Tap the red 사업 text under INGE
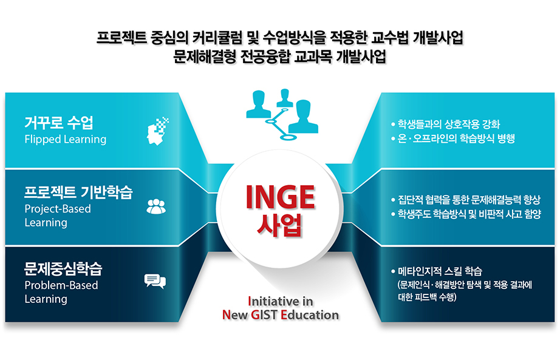279,225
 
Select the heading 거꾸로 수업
59,123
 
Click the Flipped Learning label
66,139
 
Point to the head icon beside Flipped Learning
157,131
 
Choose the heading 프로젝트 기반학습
78,192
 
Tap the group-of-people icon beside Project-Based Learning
156,206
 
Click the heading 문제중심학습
63,268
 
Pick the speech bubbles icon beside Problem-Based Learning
155,281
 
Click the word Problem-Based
61,285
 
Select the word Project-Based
58,209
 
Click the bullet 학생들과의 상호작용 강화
446,124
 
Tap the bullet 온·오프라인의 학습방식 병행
453,138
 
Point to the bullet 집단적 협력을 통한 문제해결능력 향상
466,200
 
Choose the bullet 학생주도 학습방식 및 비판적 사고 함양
466,214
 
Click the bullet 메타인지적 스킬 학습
437,271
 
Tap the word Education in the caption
310,314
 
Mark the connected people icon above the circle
282,114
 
